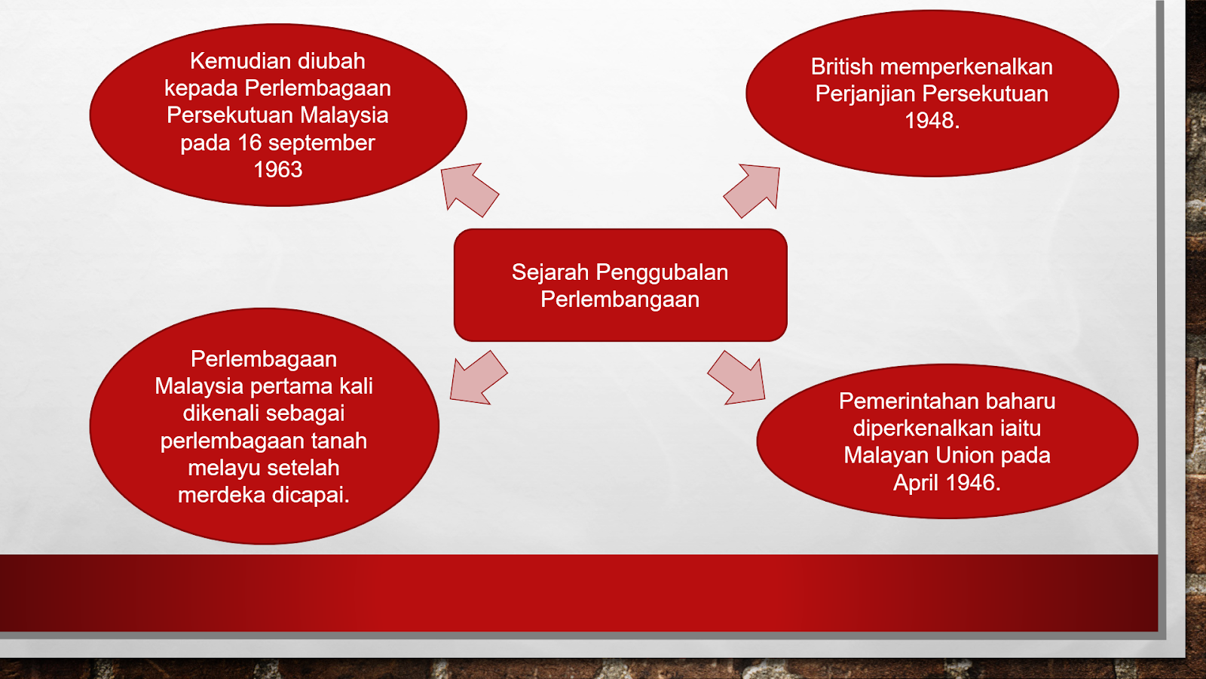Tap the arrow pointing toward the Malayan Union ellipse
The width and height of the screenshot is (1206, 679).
[736, 378]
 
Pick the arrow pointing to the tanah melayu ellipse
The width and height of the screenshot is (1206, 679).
[478, 378]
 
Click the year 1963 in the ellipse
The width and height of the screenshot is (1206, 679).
[278, 170]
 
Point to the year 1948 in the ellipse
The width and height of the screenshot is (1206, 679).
[932, 120]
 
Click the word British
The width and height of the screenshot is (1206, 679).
[842, 67]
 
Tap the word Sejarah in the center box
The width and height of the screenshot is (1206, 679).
[550, 272]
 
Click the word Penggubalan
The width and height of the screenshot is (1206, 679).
[662, 273]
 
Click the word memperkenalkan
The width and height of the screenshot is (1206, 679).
[966, 68]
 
